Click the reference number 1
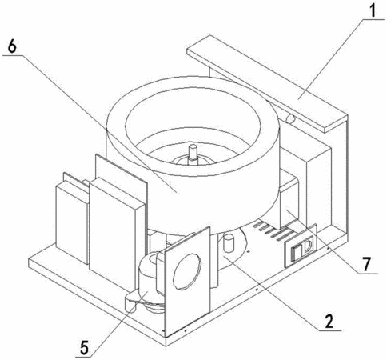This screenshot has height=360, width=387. [373, 10]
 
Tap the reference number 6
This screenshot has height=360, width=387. [12, 46]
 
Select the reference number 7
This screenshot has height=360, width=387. [367, 263]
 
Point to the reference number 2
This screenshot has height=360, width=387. [329, 321]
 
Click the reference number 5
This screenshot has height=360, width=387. [84, 347]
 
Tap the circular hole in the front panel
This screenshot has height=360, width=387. [187, 271]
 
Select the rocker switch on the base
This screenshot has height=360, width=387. [301, 250]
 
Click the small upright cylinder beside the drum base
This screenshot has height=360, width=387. [229, 242]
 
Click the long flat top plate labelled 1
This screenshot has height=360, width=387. [268, 84]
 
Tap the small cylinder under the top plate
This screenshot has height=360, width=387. [289, 119]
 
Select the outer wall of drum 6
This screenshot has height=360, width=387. [192, 198]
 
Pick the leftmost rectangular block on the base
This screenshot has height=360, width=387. [72, 222]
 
